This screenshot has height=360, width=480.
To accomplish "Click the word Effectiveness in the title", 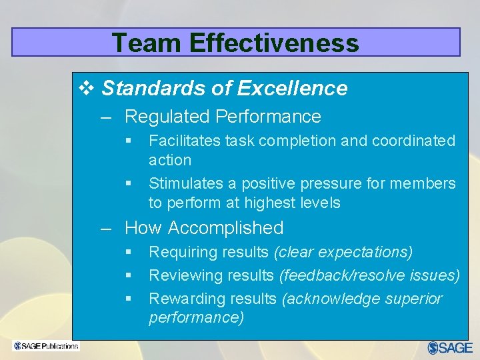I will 274,43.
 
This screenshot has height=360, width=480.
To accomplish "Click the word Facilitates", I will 185,141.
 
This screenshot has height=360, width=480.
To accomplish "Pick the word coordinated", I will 413,141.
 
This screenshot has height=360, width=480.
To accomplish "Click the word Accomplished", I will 226,228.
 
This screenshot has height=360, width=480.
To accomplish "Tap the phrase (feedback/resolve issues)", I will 369,275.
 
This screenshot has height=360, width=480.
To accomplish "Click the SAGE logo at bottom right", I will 450,347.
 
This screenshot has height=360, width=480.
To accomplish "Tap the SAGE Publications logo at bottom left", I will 46,346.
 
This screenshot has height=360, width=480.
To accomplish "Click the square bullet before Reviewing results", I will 129,275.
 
